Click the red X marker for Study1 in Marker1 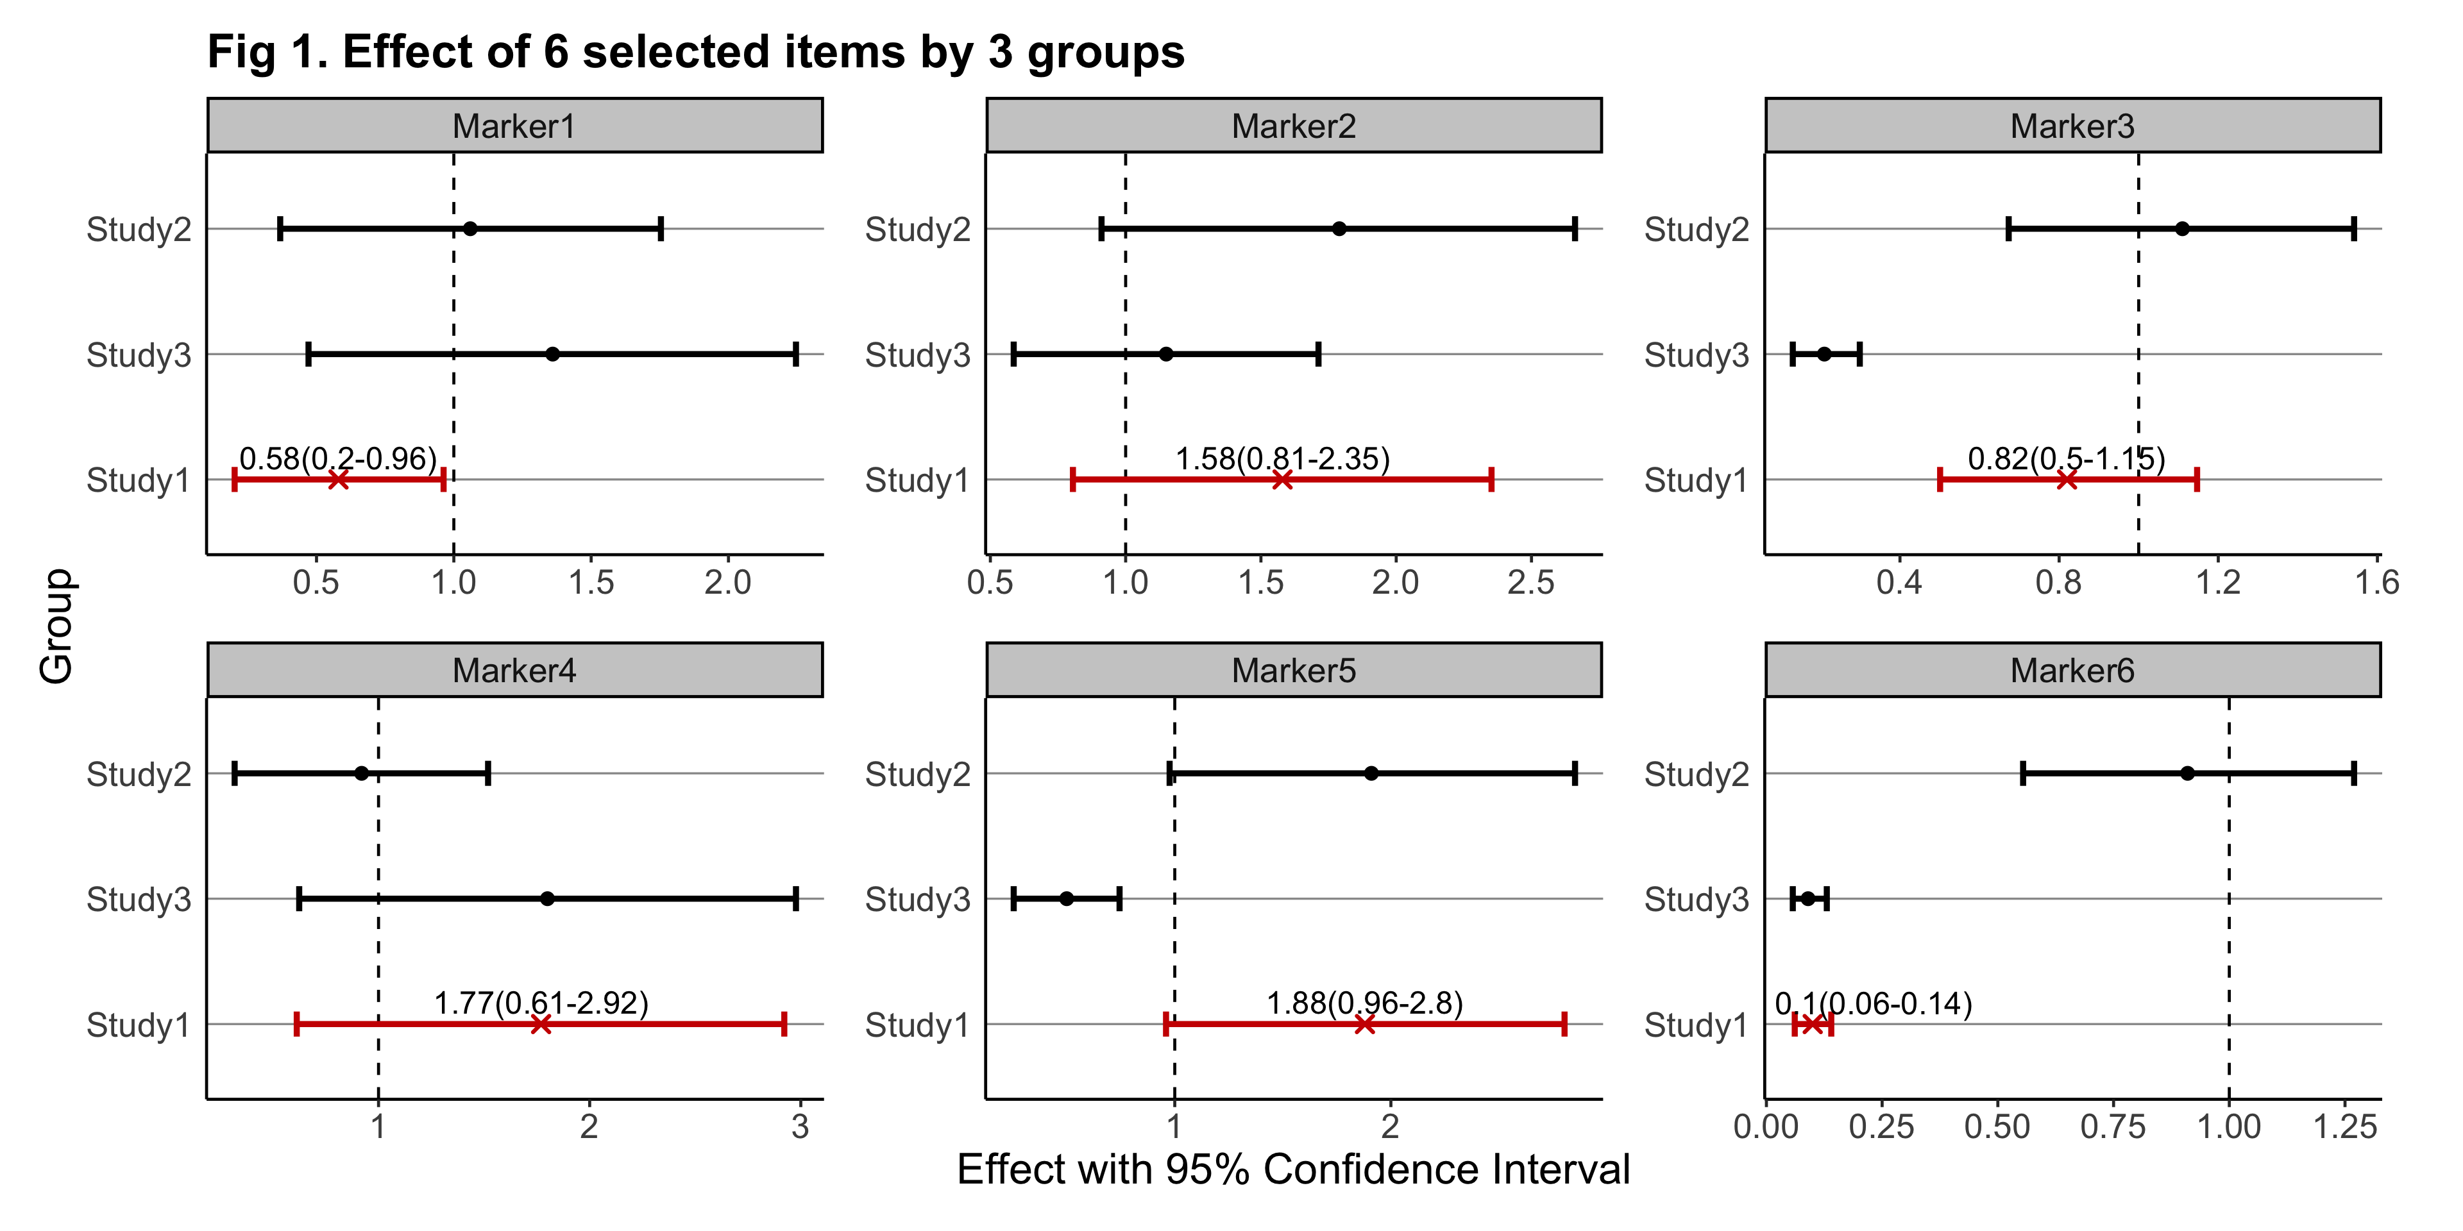click(x=337, y=480)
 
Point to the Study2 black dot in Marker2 click(x=1339, y=228)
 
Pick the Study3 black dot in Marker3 click(x=1824, y=355)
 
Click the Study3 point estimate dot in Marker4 click(x=547, y=898)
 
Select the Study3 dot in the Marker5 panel click(x=1066, y=898)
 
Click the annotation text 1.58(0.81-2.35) click(x=1282, y=459)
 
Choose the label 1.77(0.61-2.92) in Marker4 click(x=541, y=1003)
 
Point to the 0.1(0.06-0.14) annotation click(x=1873, y=1003)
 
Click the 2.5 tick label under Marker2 click(x=1531, y=582)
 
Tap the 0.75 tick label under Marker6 click(x=2112, y=1127)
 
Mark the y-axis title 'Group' click(x=56, y=626)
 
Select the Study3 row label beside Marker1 click(x=139, y=355)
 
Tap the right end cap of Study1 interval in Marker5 click(x=1564, y=1025)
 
